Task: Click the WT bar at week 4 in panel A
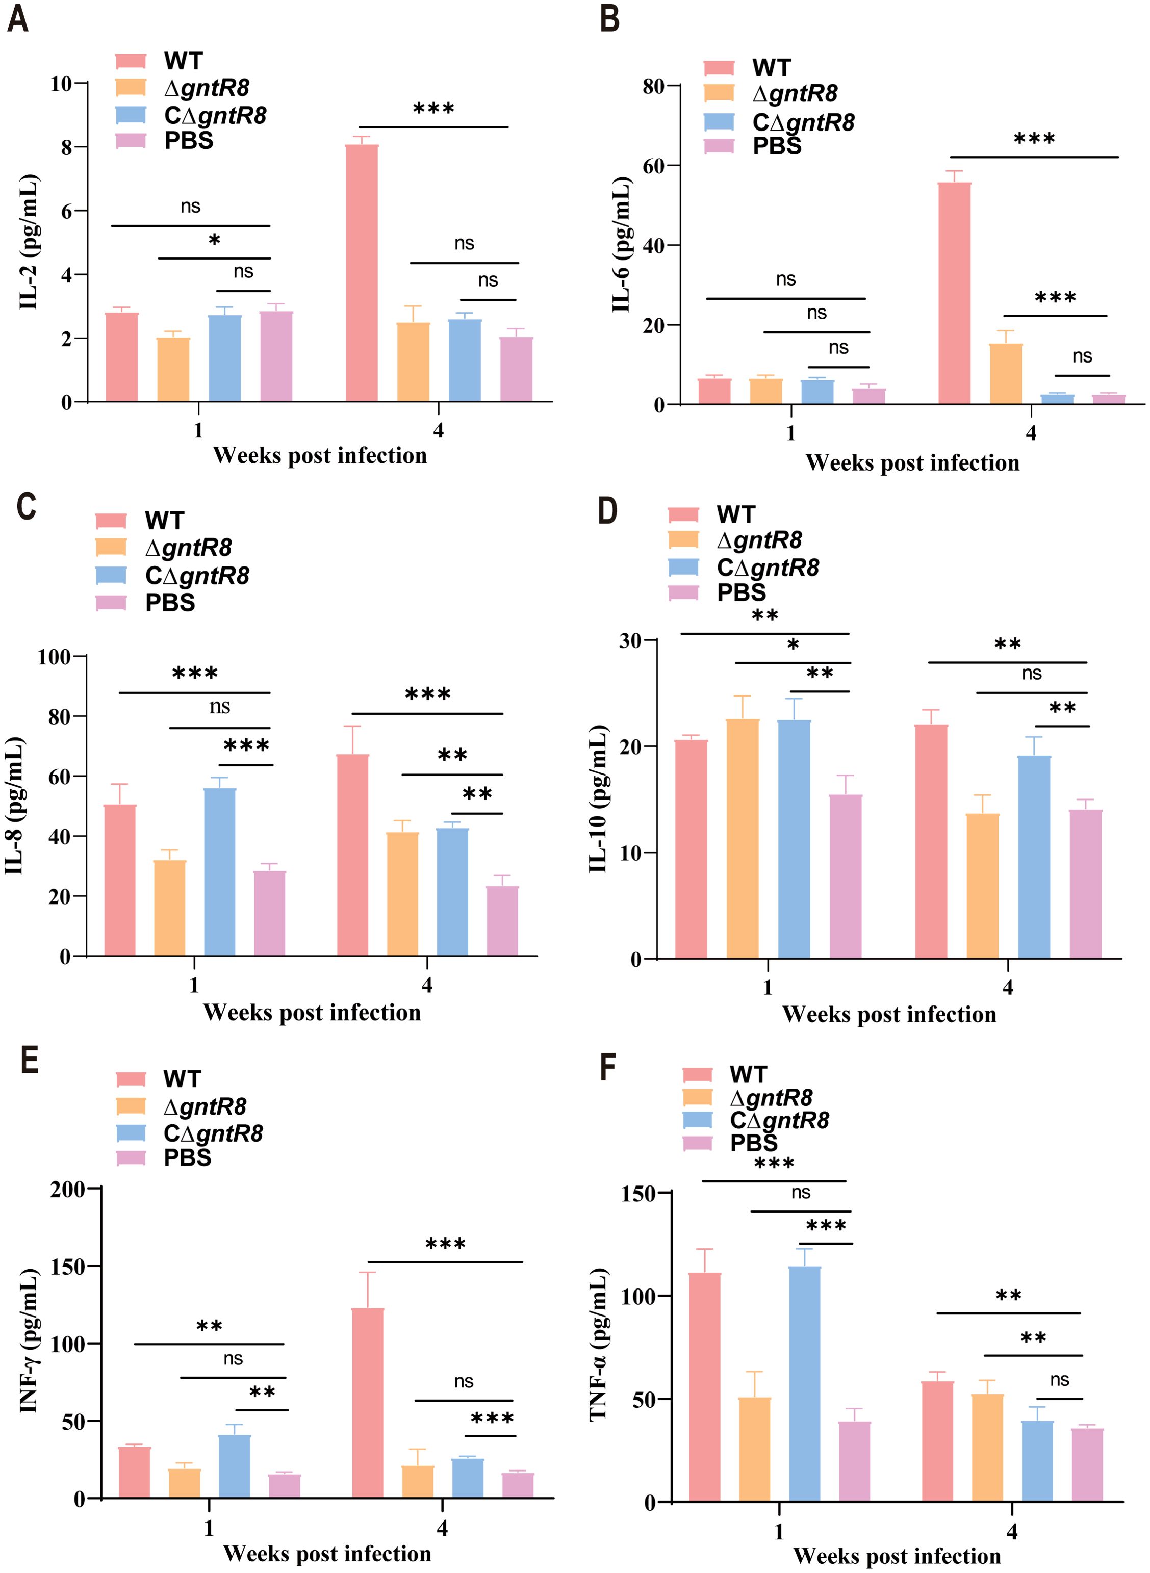pyautogui.click(x=362, y=273)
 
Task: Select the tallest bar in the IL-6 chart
pyautogui.click(x=954, y=293)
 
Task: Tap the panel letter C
pyautogui.click(x=26, y=506)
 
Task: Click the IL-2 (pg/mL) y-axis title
pyautogui.click(x=29, y=242)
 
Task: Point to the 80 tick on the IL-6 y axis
pyautogui.click(x=653, y=87)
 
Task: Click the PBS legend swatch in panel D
pyautogui.click(x=683, y=593)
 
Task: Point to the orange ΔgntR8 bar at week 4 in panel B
pyautogui.click(x=1006, y=374)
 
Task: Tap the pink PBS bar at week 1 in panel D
pyautogui.click(x=845, y=876)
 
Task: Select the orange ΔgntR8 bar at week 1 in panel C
pyautogui.click(x=170, y=908)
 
